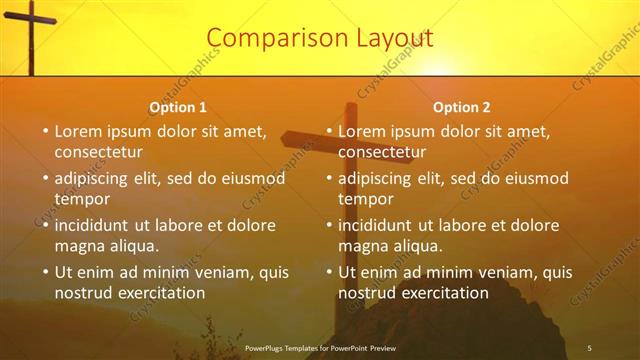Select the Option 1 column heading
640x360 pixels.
point(178,107)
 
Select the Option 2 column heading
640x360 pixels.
point(462,107)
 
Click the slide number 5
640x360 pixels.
point(590,347)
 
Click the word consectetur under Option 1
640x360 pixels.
point(99,153)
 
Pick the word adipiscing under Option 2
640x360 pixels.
point(376,179)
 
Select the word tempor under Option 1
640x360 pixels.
point(82,199)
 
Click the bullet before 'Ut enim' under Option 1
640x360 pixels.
point(45,272)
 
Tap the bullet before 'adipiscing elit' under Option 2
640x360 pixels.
point(329,179)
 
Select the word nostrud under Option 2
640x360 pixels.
point(368,293)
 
